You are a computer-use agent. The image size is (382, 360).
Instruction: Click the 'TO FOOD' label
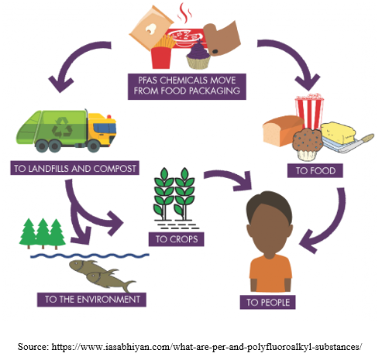(x=315, y=170)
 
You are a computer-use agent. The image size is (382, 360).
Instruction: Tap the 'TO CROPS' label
(x=177, y=239)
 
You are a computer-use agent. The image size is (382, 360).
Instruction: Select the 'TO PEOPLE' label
(x=268, y=302)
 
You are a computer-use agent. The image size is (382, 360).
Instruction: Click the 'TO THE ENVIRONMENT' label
(x=91, y=300)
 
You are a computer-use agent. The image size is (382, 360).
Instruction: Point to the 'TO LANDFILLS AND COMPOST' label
(x=74, y=168)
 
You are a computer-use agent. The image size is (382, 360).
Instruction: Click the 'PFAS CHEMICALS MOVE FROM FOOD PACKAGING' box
(x=187, y=87)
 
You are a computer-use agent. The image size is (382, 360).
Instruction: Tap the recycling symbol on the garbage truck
(x=62, y=127)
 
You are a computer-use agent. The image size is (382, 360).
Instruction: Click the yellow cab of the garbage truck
(x=102, y=129)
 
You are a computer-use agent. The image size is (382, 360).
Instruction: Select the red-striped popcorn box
(x=309, y=111)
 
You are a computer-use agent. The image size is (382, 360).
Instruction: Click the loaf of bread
(x=283, y=131)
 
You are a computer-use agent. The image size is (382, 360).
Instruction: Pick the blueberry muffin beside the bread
(x=308, y=144)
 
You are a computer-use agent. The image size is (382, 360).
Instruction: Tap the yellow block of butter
(x=337, y=132)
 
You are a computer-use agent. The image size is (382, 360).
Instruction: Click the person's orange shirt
(x=270, y=273)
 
